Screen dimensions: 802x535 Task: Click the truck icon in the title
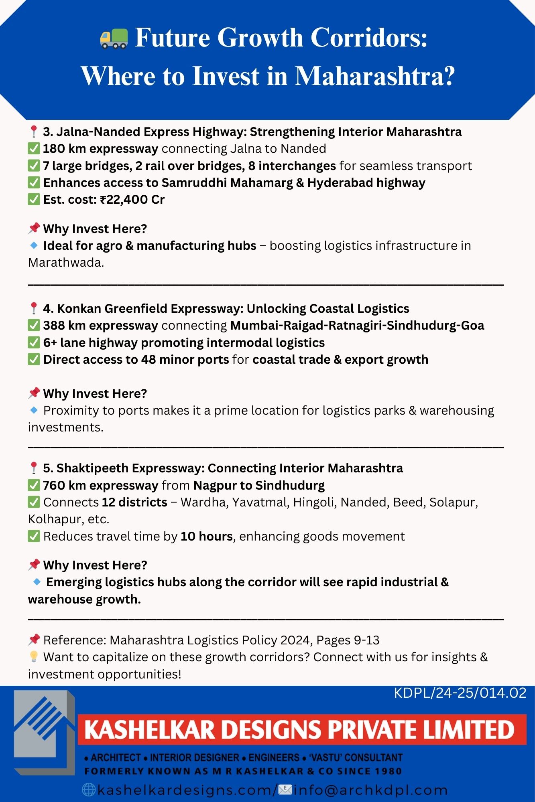click(x=114, y=38)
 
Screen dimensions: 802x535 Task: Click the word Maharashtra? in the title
click(x=375, y=76)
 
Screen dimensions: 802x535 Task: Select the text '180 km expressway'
click(x=100, y=149)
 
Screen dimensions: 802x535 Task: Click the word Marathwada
click(x=66, y=263)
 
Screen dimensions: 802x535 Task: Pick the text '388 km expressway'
click(x=100, y=326)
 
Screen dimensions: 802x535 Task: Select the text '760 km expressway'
click(x=100, y=486)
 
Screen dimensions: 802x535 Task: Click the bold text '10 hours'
click(x=207, y=537)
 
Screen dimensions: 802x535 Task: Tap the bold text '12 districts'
click(x=134, y=502)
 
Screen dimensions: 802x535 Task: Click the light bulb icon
click(x=34, y=657)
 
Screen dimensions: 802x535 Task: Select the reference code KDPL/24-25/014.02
click(x=460, y=693)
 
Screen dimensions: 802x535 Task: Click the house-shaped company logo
click(x=44, y=732)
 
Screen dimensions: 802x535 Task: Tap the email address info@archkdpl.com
click(x=370, y=790)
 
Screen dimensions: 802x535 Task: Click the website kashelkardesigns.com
click(x=185, y=790)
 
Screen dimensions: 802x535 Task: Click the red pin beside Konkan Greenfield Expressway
click(x=34, y=308)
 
